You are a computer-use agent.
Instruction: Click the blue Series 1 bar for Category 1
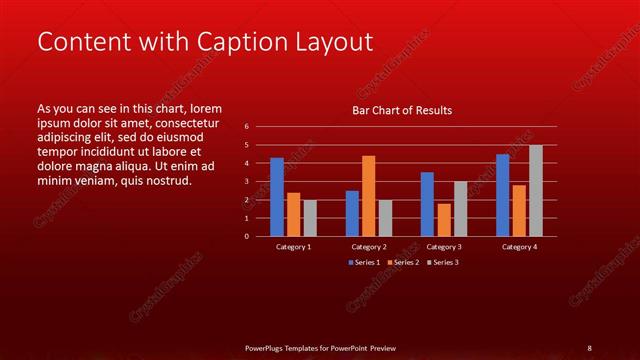(x=277, y=197)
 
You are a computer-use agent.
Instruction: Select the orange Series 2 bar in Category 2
(x=369, y=196)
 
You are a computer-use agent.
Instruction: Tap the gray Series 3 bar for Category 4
(x=536, y=191)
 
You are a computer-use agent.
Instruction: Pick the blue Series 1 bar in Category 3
(x=427, y=204)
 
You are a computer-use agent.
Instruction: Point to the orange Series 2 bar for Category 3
(x=444, y=220)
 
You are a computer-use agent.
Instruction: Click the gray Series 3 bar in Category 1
(x=310, y=218)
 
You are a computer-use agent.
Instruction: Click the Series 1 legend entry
(x=364, y=262)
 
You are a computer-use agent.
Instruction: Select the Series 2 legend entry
(x=403, y=262)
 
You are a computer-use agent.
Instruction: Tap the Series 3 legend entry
(x=441, y=262)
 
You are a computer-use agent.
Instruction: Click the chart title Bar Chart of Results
(x=402, y=110)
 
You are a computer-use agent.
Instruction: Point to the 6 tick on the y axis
(x=247, y=127)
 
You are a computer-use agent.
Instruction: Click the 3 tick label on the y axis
(x=247, y=182)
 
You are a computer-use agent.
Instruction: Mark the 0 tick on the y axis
(x=247, y=237)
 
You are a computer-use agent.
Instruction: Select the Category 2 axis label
(x=369, y=246)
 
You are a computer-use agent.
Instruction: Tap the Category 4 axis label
(x=519, y=246)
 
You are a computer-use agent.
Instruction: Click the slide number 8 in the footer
(x=588, y=348)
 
